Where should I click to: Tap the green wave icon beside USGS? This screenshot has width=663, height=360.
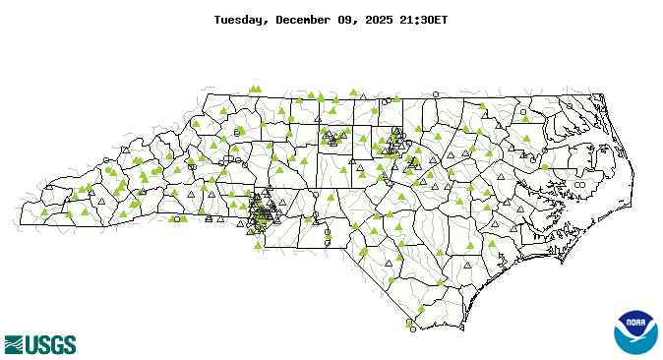pos(14,344)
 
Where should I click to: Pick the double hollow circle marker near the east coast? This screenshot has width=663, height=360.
pos(579,184)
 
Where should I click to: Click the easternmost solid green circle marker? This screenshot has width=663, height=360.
pos(546,167)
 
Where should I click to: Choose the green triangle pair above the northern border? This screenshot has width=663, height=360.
pos(256,89)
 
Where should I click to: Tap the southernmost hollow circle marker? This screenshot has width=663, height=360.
pos(411,330)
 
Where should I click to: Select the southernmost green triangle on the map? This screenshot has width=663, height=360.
pos(408,321)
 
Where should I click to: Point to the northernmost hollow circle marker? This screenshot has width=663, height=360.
pos(436,93)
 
